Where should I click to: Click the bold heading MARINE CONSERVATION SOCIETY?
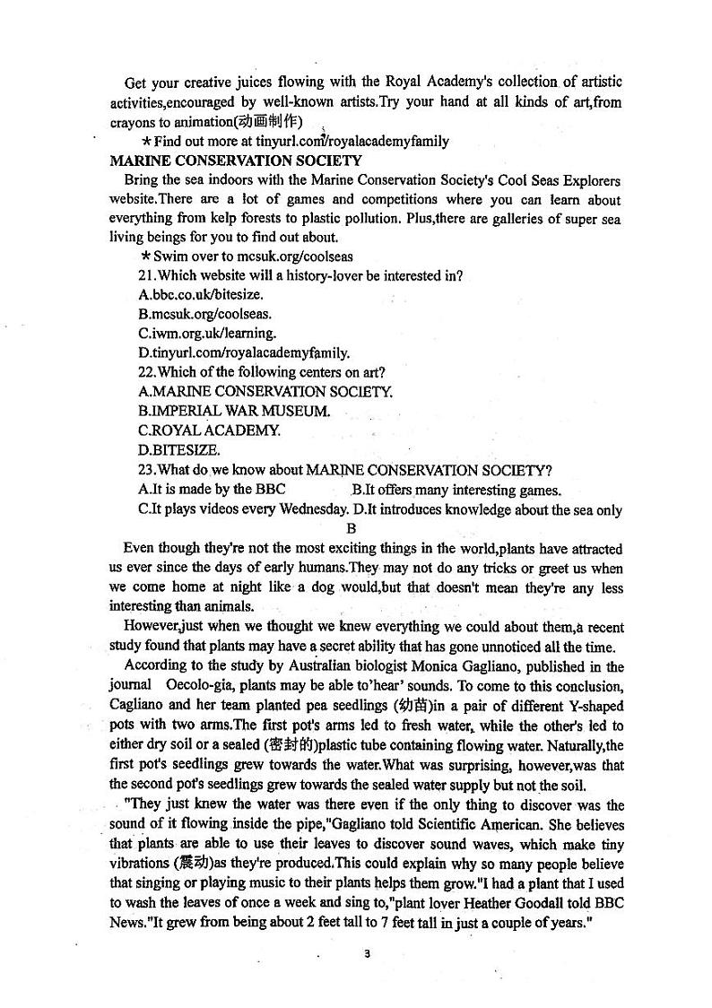tap(235, 161)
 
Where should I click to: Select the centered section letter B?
tap(352, 529)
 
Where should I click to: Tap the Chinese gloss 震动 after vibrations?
tap(197, 864)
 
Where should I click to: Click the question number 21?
tap(147, 275)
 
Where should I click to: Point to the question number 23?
tap(147, 470)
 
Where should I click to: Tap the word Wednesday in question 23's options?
tap(311, 509)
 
